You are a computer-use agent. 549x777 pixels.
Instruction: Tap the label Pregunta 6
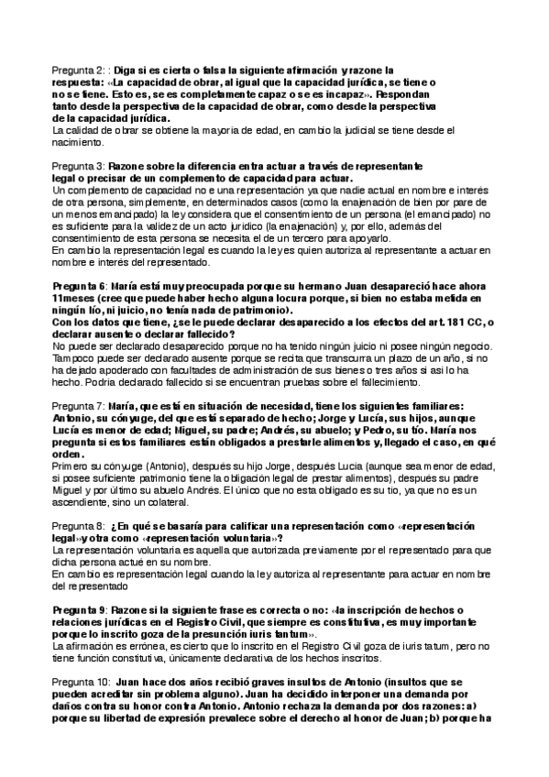point(80,285)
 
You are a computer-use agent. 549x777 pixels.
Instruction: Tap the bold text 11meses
point(71,299)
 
